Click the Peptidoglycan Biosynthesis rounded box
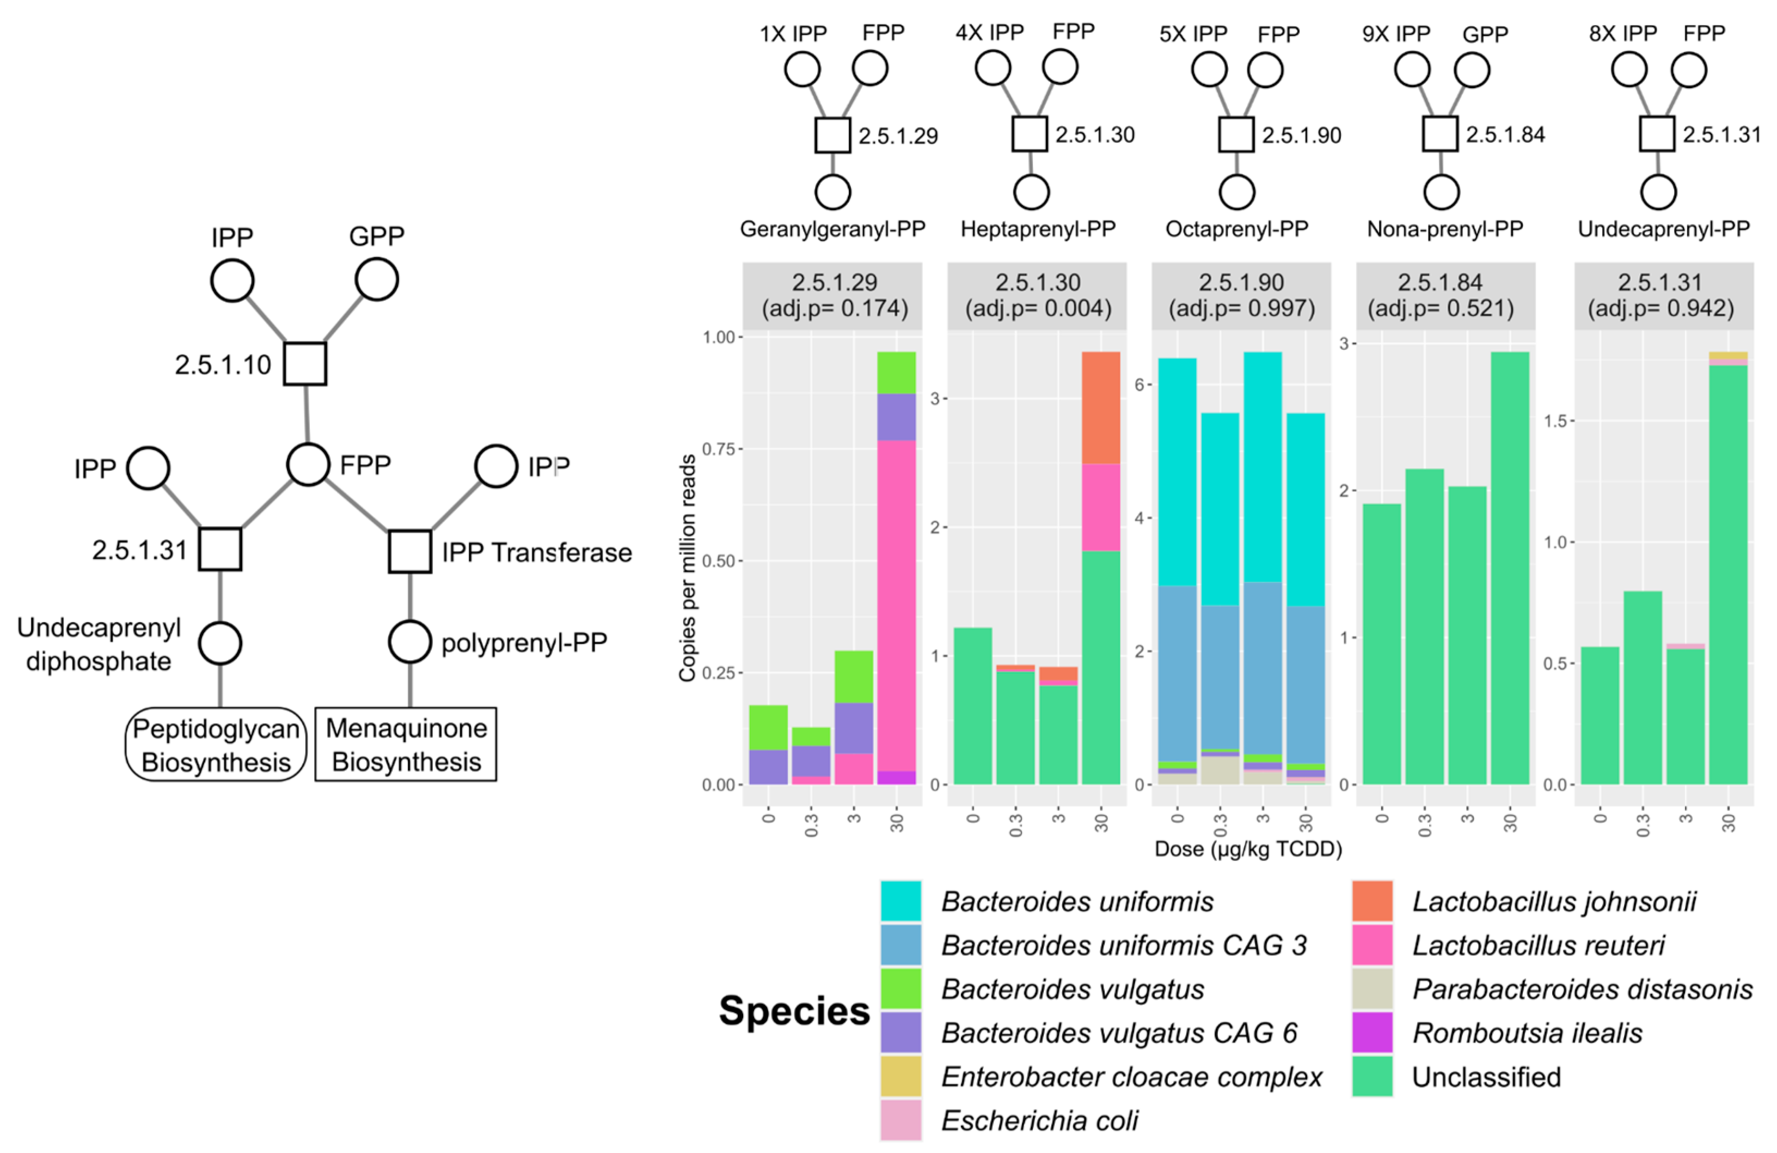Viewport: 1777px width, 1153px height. click(216, 745)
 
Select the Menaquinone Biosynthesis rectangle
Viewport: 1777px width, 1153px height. click(406, 745)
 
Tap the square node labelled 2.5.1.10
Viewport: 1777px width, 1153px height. click(305, 364)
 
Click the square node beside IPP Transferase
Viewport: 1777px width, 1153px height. click(410, 551)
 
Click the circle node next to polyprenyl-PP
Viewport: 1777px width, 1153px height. click(410, 642)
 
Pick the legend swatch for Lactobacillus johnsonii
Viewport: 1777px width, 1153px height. click(1371, 901)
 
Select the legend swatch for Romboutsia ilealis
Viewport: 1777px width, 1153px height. click(1371, 1033)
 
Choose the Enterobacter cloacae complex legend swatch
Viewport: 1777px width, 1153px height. click(900, 1076)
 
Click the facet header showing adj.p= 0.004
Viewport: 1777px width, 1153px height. click(1037, 296)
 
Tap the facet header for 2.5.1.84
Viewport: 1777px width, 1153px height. click(1445, 296)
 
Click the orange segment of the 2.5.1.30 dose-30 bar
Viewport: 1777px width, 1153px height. click(1100, 408)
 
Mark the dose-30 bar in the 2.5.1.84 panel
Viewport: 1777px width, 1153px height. click(1510, 568)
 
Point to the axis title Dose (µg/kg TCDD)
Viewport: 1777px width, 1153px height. click(1248, 849)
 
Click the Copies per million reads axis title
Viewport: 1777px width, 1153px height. click(687, 568)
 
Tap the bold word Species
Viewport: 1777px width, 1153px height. click(794, 1011)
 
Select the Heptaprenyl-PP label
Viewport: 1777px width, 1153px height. click(1038, 229)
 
